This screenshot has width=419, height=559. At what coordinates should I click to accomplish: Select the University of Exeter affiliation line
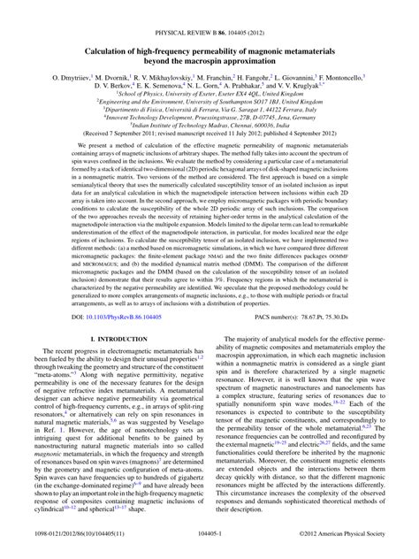(209, 78)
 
